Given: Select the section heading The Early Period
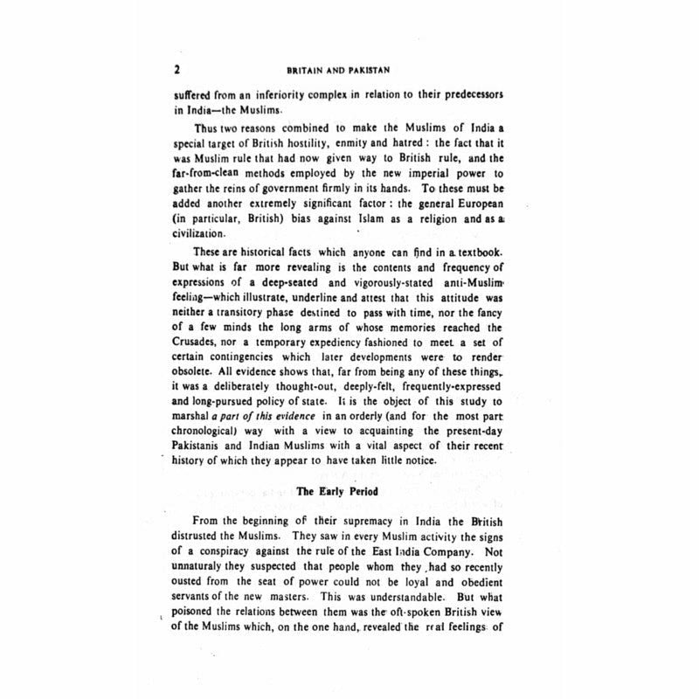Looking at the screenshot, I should point(337,492).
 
